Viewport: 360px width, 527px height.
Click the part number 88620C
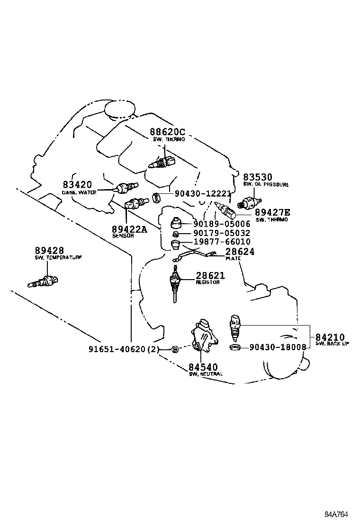point(167,132)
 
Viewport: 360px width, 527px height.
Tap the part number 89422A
point(129,229)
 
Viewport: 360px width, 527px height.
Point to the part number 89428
point(49,250)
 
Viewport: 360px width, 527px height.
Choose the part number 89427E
point(273,213)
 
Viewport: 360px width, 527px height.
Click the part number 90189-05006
point(221,224)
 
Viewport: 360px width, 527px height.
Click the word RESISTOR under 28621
point(207,282)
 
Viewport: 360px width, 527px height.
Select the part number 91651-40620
point(118,349)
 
